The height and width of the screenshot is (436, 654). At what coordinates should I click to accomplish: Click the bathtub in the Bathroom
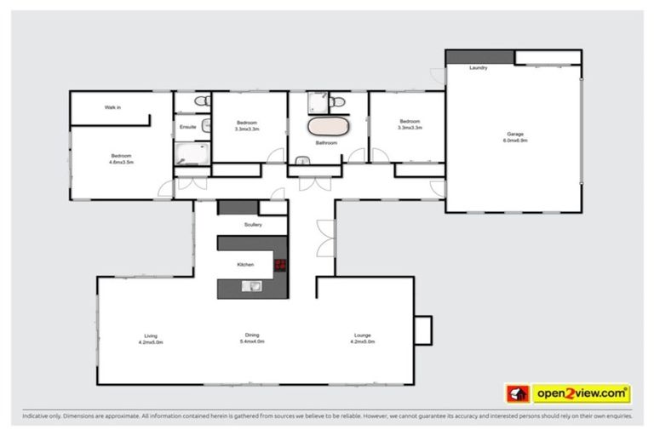click(x=328, y=128)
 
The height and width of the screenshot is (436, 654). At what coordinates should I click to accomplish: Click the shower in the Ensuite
click(x=191, y=152)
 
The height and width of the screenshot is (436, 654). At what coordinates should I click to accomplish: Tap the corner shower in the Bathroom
click(x=316, y=102)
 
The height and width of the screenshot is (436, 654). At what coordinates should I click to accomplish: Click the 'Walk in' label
click(x=112, y=107)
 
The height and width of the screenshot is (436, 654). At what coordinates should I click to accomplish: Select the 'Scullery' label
click(x=252, y=225)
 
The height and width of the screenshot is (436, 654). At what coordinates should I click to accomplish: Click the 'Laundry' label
click(x=479, y=67)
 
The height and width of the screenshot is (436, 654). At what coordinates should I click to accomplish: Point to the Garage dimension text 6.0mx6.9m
click(x=515, y=140)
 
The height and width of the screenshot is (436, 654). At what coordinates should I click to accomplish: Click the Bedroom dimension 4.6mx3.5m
click(x=122, y=161)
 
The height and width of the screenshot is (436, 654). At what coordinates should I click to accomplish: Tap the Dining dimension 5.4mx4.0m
click(x=252, y=341)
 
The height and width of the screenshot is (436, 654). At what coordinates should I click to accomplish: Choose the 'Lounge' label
click(x=362, y=336)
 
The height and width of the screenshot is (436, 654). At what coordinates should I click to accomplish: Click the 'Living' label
click(x=150, y=336)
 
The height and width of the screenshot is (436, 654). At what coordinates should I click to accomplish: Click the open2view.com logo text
click(x=581, y=393)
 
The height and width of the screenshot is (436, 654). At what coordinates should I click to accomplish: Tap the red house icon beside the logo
click(x=517, y=393)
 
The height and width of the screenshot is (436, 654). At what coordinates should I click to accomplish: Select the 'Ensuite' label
click(x=187, y=127)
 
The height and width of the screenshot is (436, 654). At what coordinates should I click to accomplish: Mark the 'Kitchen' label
click(x=245, y=265)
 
